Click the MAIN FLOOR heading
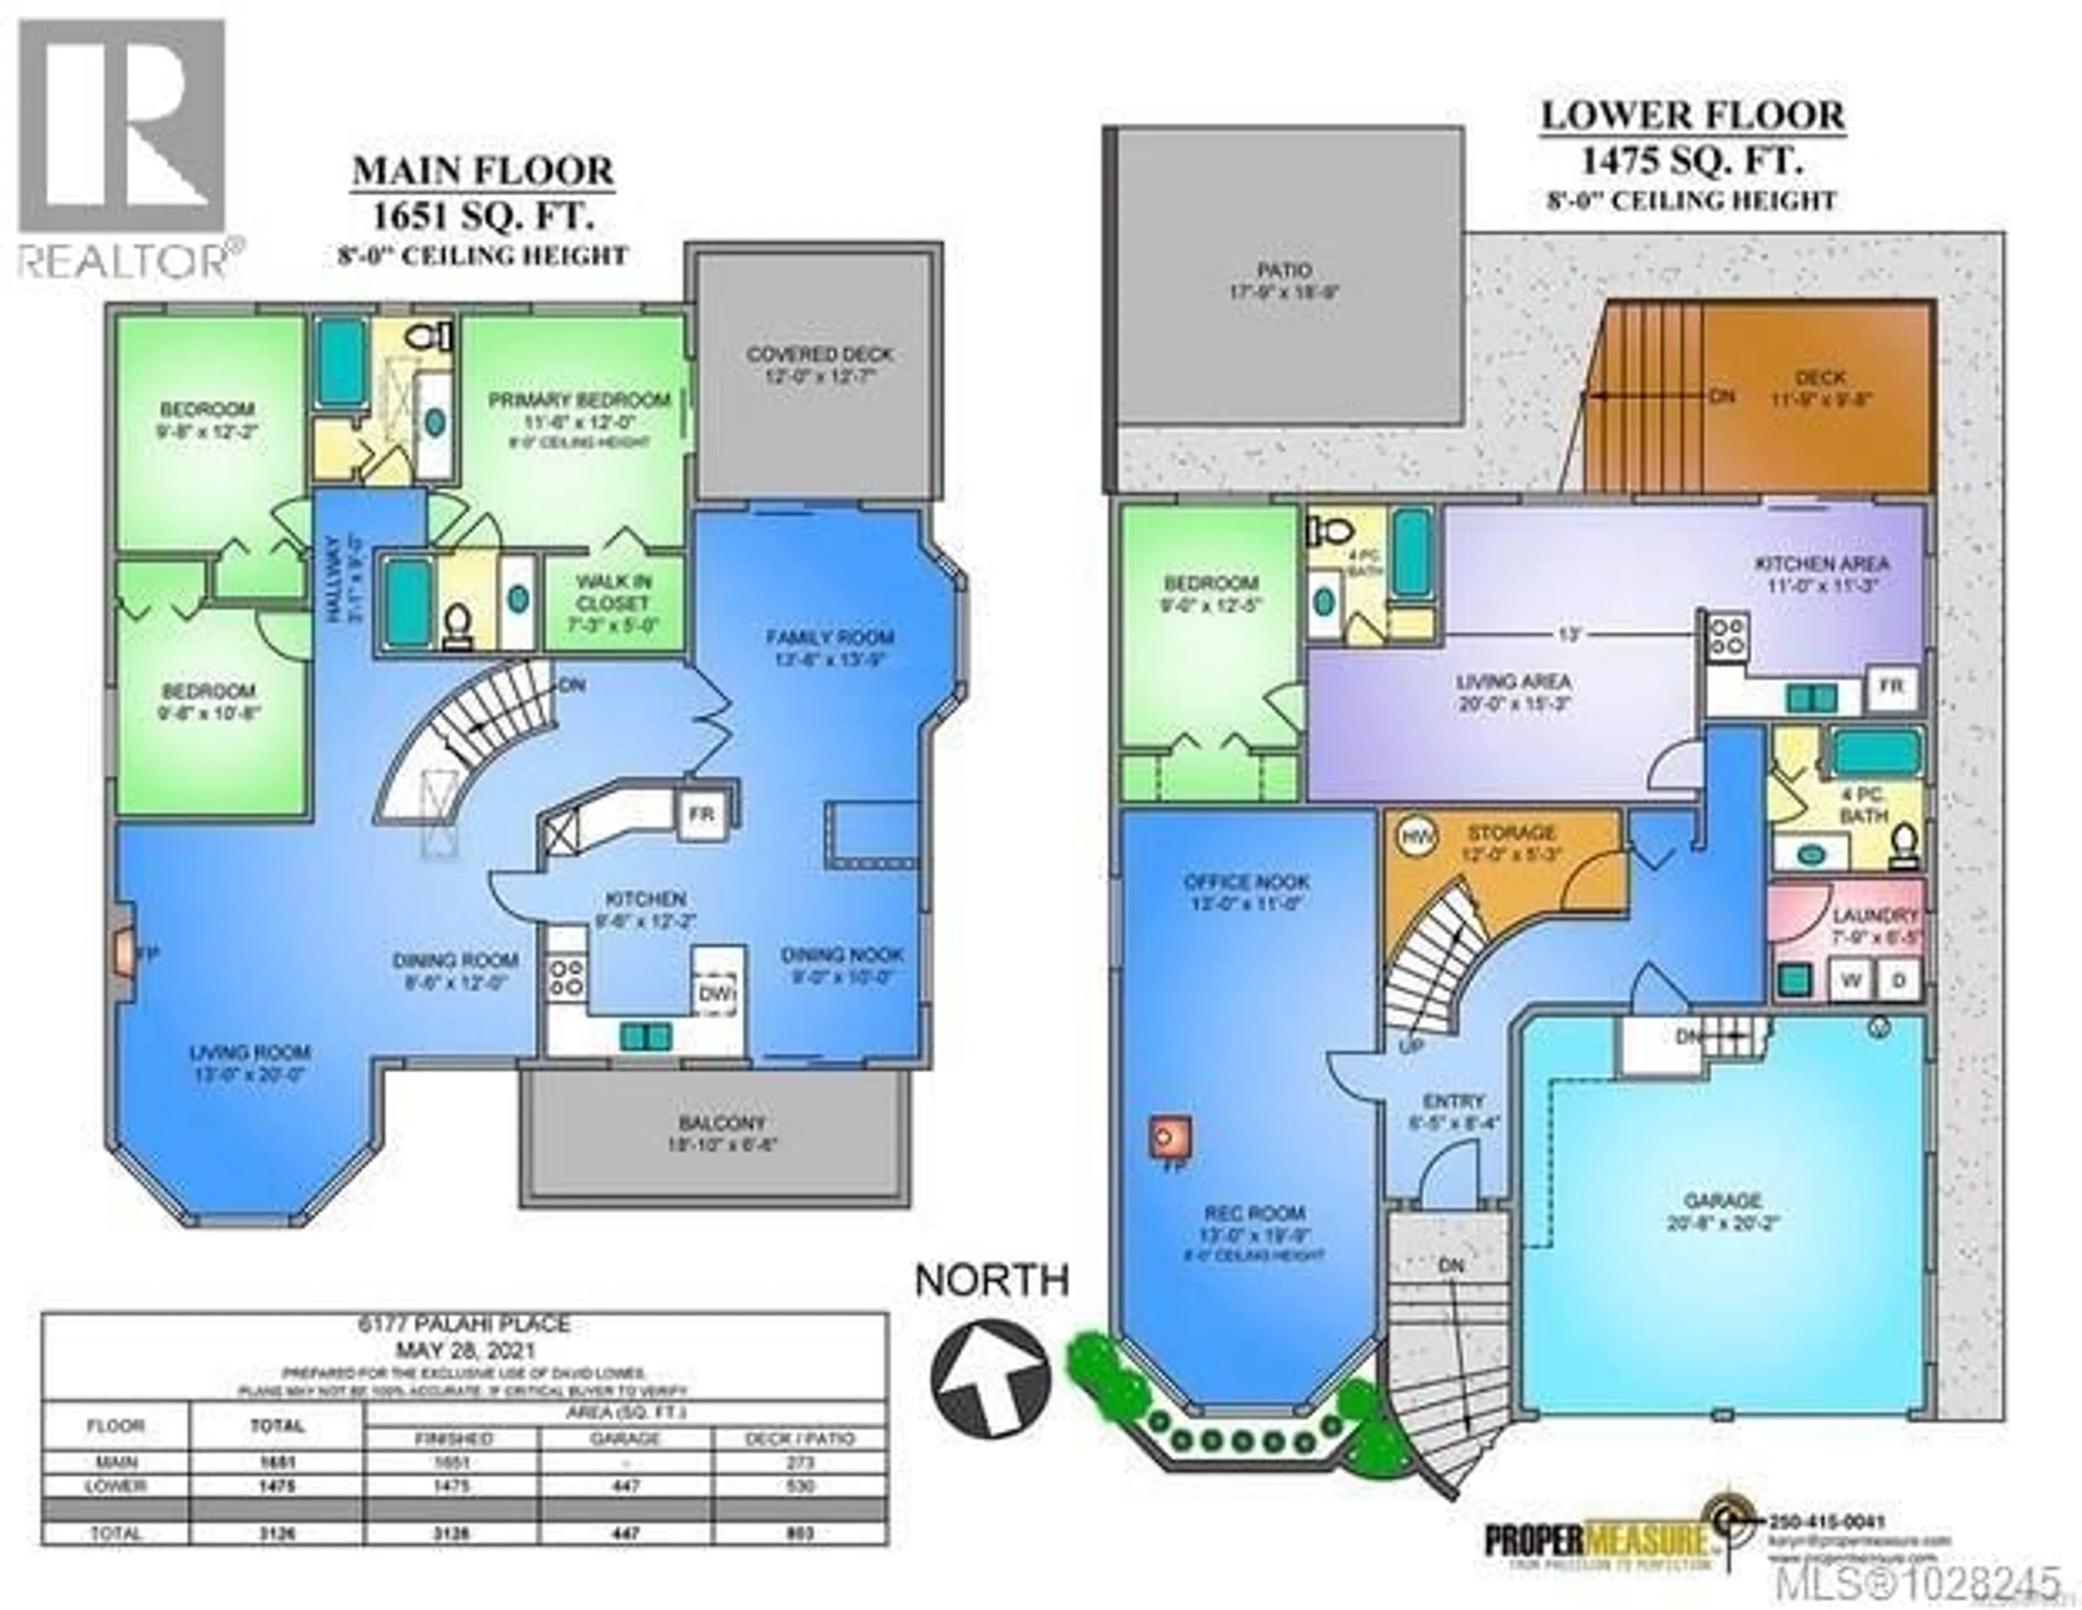coord(483,172)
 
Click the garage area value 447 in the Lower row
coord(625,1486)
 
